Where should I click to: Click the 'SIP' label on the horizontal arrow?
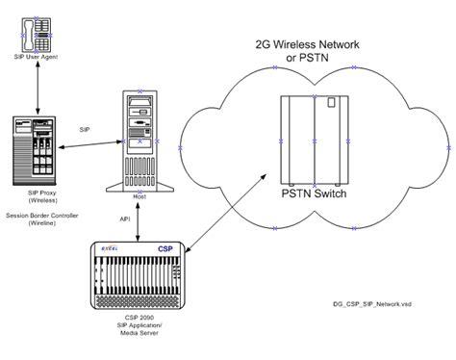tap(86, 128)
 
